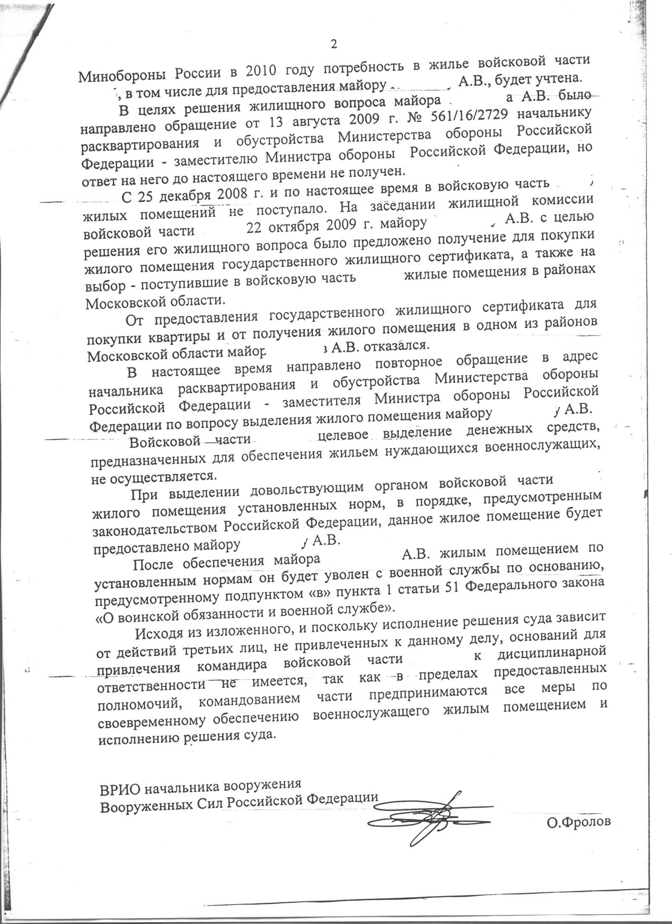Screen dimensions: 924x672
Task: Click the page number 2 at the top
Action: [x=333, y=44]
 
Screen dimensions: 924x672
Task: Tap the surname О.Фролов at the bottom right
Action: [x=579, y=822]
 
